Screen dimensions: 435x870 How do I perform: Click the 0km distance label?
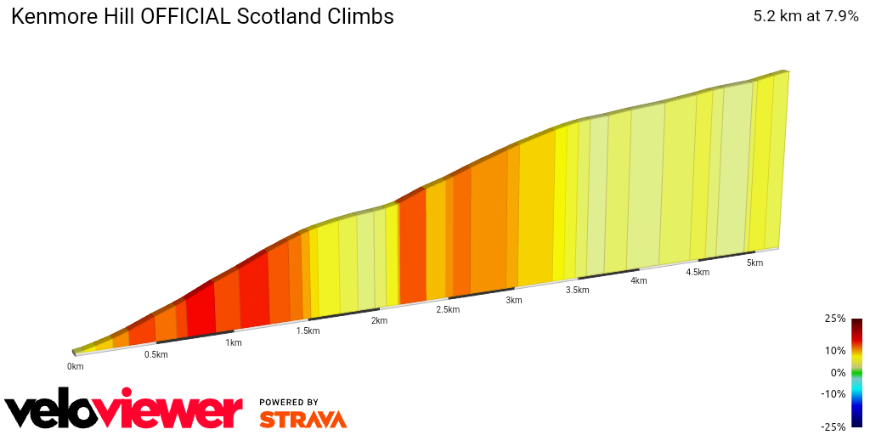[76, 366]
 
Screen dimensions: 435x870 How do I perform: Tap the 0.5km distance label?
[155, 354]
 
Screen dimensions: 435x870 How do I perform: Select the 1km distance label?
[234, 342]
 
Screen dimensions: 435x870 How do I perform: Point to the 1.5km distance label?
[308, 330]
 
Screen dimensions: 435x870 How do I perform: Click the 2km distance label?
[379, 320]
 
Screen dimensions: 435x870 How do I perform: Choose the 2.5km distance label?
[448, 309]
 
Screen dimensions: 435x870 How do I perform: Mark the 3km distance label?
[514, 300]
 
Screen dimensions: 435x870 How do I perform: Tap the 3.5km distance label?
[577, 290]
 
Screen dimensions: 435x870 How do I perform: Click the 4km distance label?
[639, 280]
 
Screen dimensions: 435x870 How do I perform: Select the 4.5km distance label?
[698, 272]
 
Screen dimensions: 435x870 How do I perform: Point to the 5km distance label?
[754, 263]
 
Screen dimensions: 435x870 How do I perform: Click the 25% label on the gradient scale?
[834, 319]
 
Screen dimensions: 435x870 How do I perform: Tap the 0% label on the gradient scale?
[838, 372]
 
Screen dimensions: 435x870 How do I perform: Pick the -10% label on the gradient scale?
[833, 393]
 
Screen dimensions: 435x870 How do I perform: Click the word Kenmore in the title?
[48, 16]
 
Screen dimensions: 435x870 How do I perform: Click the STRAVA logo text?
[302, 419]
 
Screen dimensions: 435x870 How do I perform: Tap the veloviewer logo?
[124, 411]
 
